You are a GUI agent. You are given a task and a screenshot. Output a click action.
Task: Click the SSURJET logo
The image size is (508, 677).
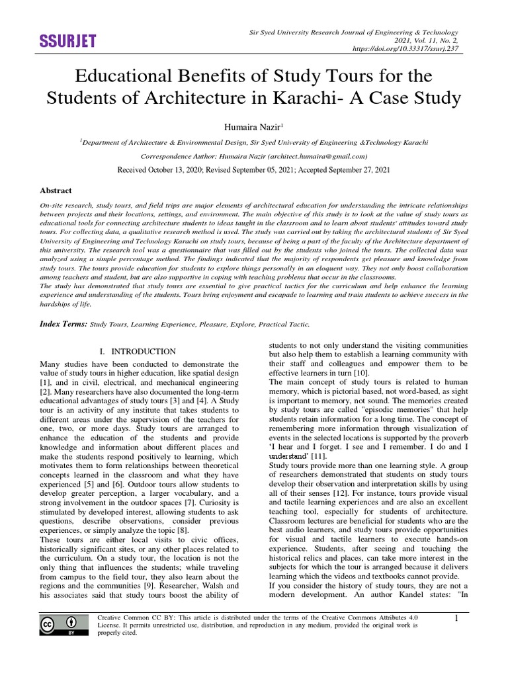[x=68, y=41]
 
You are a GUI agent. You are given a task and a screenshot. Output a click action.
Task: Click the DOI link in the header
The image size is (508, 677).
[x=410, y=49]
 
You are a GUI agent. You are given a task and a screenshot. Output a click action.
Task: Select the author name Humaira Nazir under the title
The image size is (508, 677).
[x=252, y=126]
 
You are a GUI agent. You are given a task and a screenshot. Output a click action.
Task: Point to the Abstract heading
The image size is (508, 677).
[x=56, y=190]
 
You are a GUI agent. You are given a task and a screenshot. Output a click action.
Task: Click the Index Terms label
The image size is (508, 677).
[x=63, y=324]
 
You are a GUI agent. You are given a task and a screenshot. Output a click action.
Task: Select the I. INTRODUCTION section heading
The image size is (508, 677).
[x=137, y=352]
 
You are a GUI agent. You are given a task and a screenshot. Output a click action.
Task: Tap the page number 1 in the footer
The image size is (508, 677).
[x=456, y=618]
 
